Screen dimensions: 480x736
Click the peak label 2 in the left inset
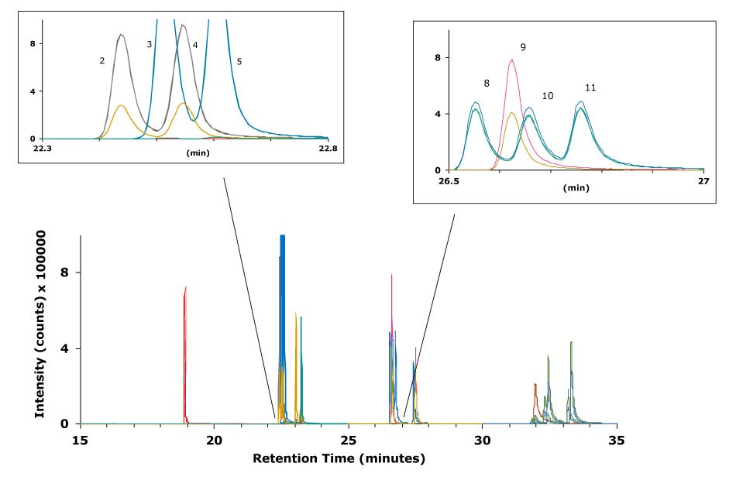click(x=101, y=60)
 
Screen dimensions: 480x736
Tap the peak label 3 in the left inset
click(x=149, y=46)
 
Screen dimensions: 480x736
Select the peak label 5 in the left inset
click(x=239, y=60)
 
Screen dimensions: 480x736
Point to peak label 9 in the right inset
click(x=523, y=47)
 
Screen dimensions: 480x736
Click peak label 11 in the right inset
click(x=590, y=87)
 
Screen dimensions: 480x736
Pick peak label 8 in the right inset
click(x=486, y=82)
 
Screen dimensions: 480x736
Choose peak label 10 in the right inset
click(x=548, y=96)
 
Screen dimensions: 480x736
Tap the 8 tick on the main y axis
click(x=65, y=273)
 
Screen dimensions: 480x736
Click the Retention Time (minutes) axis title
click(x=339, y=459)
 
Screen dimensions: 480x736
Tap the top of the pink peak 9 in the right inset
click(x=512, y=60)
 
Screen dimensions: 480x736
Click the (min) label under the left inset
click(x=198, y=153)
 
